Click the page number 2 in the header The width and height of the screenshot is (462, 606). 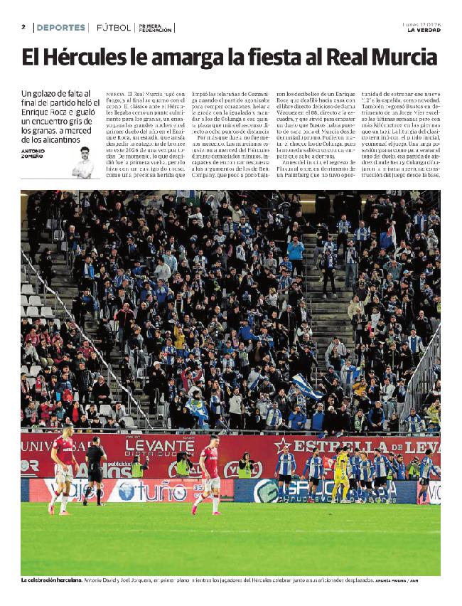tap(23, 27)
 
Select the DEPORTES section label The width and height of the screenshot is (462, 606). tap(60, 28)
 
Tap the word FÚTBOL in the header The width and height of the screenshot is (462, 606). tap(114, 28)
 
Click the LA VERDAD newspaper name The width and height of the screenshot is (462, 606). tap(424, 30)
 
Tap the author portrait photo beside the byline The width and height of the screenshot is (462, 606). tap(83, 163)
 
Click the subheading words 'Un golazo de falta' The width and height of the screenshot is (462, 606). tap(56, 94)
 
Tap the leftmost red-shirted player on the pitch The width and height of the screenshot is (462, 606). tap(63, 467)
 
